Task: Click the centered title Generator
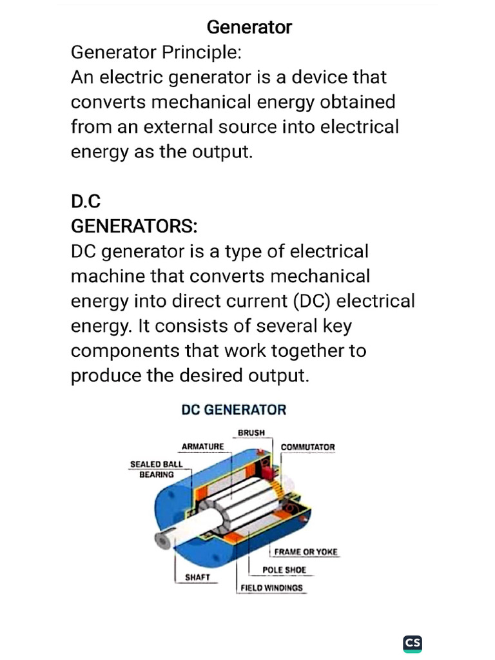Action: [249, 27]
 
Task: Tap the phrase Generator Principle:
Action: [156, 52]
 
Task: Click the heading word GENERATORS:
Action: [134, 227]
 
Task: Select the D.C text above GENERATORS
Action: [86, 202]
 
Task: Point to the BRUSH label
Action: [251, 432]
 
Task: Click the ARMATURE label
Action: [203, 447]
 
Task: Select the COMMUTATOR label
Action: [308, 447]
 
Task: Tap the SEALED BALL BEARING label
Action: [157, 469]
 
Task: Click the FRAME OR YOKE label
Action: [306, 552]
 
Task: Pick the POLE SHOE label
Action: [284, 570]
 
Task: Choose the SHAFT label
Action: [198, 577]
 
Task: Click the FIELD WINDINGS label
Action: [271, 588]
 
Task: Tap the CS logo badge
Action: [412, 643]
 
